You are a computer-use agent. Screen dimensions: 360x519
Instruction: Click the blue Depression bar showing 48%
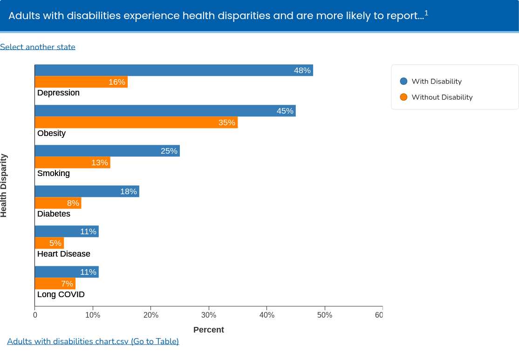174,70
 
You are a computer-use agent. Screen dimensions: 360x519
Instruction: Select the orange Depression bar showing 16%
81,82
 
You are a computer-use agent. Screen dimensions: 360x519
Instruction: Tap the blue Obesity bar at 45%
165,111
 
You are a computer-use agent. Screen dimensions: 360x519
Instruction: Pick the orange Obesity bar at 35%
136,122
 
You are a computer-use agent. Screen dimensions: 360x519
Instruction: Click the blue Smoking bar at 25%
107,151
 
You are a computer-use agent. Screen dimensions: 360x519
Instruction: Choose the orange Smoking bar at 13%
72,163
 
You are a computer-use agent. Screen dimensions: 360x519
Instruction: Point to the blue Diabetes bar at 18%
87,191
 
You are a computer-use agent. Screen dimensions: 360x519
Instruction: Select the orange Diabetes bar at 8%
58,203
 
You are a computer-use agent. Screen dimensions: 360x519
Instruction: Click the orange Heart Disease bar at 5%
49,243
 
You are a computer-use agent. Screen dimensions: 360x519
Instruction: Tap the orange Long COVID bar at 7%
55,284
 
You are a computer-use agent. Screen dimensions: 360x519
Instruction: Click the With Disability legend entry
431,82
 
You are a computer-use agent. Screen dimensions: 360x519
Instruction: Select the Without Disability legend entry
436,97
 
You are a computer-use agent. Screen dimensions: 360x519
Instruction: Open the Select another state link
38,47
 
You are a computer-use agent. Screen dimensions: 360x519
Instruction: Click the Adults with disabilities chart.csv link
93,341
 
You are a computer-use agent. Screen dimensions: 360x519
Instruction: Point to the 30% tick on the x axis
209,315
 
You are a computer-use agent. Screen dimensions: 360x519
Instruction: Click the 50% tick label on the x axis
325,315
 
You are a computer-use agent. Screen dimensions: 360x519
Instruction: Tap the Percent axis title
209,330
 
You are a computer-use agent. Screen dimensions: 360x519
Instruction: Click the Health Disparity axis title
4,185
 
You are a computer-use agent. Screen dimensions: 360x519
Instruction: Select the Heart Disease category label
64,254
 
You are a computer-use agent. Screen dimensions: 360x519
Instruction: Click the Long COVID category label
61,294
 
